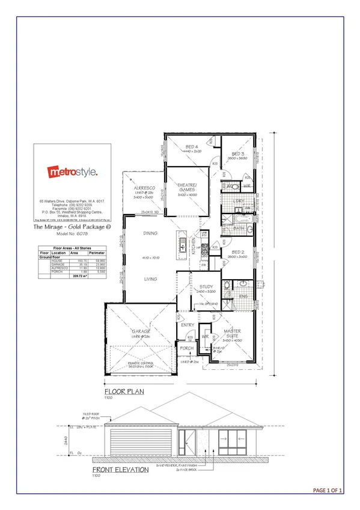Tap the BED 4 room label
[192, 147]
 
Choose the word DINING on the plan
[150, 233]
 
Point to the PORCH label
[187, 348]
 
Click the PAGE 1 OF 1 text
[328, 491]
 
